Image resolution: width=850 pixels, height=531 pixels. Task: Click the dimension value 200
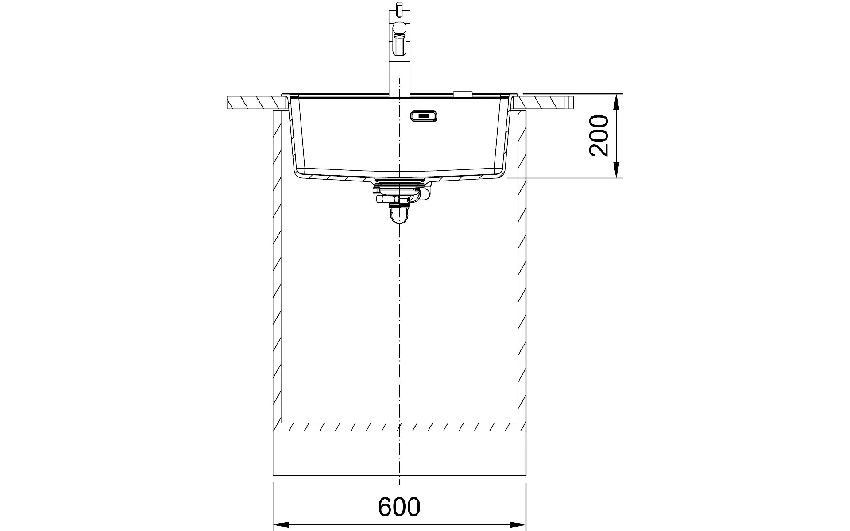coord(599,135)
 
